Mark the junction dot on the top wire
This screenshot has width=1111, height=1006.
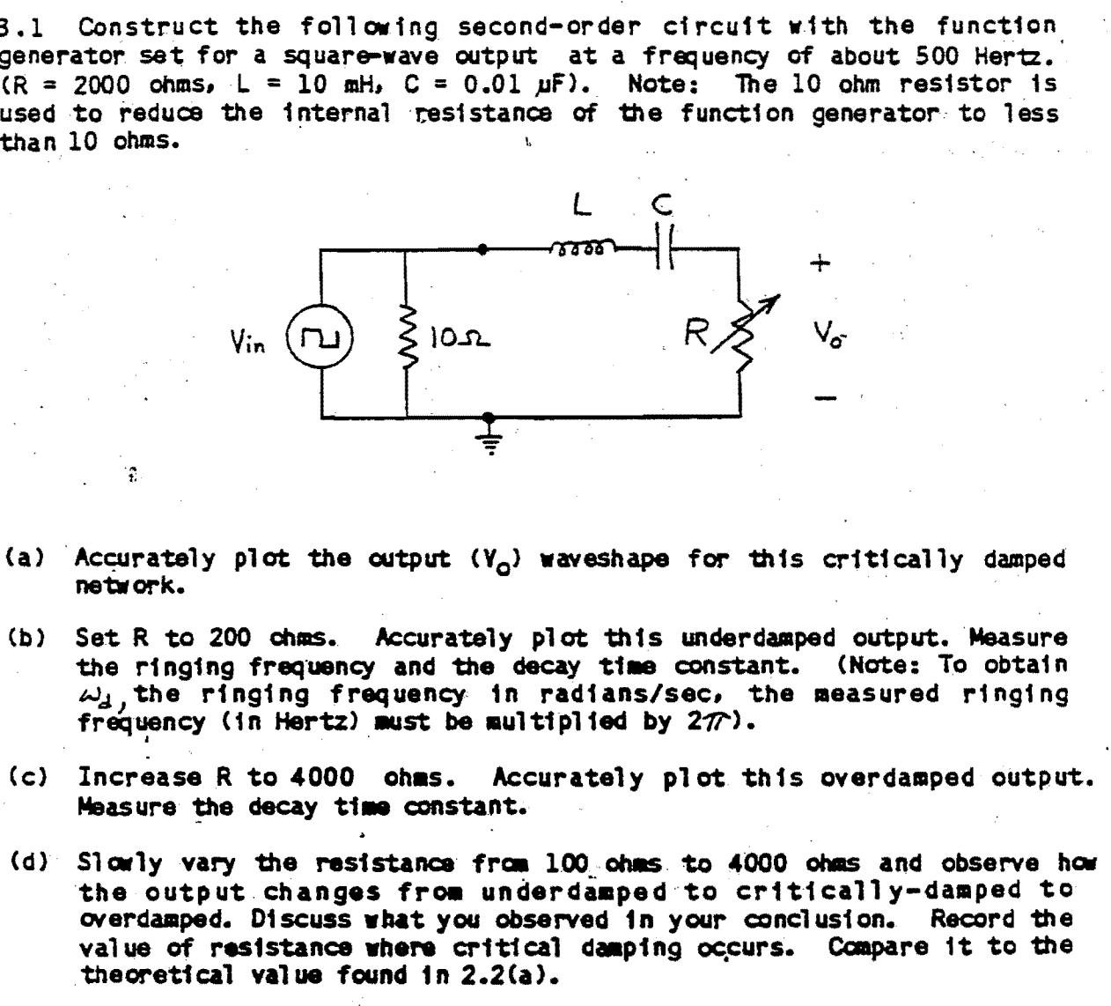[482, 249]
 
